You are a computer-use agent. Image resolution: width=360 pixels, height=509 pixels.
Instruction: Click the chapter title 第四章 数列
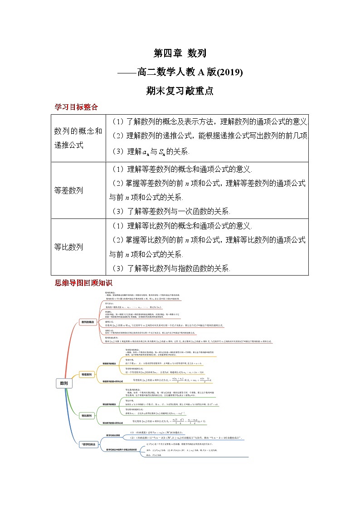click(x=180, y=53)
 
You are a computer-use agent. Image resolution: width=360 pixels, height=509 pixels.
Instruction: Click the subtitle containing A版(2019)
click(x=180, y=72)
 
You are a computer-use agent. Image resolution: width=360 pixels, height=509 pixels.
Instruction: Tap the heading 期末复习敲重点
click(x=180, y=91)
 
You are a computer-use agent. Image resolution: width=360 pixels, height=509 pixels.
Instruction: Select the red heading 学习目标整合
click(x=76, y=107)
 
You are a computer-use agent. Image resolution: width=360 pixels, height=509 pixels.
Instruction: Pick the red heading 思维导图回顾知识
click(x=84, y=283)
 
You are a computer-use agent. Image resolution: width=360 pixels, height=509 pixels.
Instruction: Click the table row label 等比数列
click(x=68, y=247)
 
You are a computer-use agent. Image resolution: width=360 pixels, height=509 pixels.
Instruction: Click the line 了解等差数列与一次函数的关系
click(x=170, y=211)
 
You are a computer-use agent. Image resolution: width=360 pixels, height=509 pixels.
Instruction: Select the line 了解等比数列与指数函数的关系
click(x=170, y=268)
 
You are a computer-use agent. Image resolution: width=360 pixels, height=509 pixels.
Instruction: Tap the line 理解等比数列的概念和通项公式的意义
click(x=180, y=226)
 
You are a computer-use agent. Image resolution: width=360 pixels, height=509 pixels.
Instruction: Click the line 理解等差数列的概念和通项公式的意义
click(x=180, y=169)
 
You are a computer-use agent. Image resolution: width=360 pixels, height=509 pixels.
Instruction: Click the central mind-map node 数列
click(x=64, y=383)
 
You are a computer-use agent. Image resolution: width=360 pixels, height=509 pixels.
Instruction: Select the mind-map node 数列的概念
click(x=88, y=322)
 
